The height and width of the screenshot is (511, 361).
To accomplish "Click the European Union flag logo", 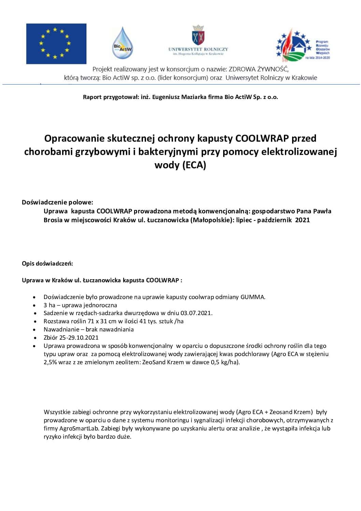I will click(x=56, y=44).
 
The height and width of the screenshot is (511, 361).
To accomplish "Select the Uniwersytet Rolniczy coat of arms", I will click(x=198, y=35).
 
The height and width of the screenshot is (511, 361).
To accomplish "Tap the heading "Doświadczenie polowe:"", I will click(x=57, y=202).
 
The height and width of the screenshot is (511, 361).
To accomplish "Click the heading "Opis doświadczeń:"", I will click(x=47, y=264).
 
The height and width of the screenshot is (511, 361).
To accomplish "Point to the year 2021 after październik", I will click(x=302, y=220).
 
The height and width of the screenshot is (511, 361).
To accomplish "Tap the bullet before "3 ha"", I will click(x=34, y=306).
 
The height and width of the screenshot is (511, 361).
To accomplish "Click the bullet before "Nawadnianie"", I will click(x=34, y=330).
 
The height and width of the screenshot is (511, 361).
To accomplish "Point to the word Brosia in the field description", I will click(x=53, y=220).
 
